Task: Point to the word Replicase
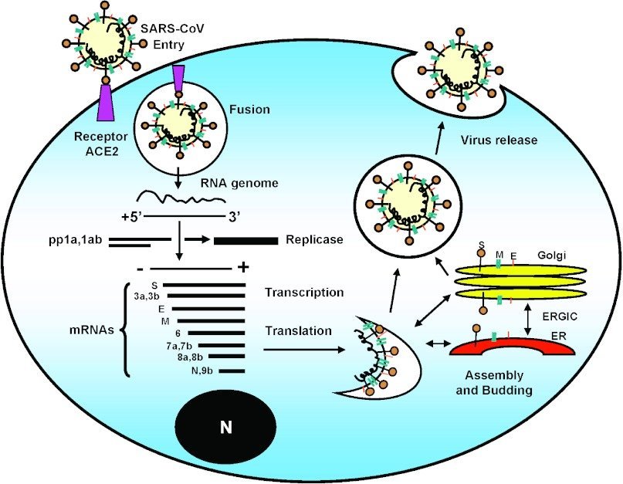click(x=314, y=240)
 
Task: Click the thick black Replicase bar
click(x=245, y=241)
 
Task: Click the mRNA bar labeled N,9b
click(x=232, y=371)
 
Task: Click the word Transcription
click(x=303, y=293)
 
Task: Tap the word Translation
click(x=298, y=331)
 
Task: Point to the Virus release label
click(x=498, y=141)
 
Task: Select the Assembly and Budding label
click(x=493, y=382)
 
